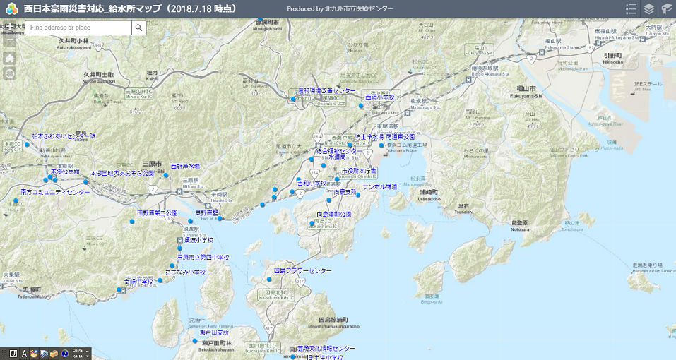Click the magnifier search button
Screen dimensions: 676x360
139,28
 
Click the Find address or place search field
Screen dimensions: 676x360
79,28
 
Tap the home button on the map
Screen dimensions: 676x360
10,59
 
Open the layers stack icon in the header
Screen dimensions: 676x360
648,9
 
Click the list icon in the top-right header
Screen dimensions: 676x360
631,9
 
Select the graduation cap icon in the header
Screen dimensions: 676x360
666,9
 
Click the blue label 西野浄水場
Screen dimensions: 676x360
185,167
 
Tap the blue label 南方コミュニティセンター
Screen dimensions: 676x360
55,192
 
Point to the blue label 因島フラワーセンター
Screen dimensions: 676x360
302,271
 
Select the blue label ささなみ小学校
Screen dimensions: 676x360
185,272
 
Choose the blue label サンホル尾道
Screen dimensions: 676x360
380,187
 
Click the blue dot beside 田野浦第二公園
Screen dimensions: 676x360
132,222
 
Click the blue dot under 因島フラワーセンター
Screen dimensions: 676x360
268,280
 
